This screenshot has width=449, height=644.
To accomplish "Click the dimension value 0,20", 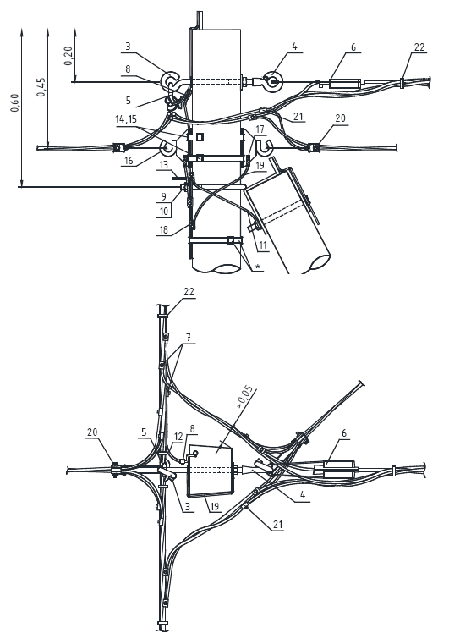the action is [x=68, y=56].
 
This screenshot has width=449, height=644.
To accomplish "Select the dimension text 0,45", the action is [x=41, y=87].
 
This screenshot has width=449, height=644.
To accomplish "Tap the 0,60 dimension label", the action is [x=14, y=102].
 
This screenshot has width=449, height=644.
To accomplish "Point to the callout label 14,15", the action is [x=126, y=119].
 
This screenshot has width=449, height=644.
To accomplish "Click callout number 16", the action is [x=129, y=160].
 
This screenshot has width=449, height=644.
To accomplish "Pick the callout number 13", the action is [x=164, y=165].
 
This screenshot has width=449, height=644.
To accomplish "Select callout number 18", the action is [x=163, y=229].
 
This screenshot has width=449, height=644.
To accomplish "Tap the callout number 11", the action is [x=263, y=245].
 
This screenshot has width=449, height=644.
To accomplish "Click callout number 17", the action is [x=260, y=129].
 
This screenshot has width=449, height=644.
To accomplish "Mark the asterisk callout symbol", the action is [x=258, y=267].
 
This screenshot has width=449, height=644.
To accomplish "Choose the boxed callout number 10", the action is [x=164, y=212].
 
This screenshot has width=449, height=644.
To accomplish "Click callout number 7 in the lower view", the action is [x=189, y=338].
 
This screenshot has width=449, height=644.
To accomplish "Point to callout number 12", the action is [x=178, y=436].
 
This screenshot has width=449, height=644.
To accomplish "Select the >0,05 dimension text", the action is [x=246, y=398].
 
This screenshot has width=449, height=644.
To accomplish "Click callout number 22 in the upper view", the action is [x=419, y=47].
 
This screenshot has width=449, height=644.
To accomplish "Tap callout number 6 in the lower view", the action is [x=344, y=433].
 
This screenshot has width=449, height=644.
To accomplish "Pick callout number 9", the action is [x=163, y=196].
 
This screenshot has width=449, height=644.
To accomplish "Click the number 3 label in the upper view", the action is [x=128, y=46].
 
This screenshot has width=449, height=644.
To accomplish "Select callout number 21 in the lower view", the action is [x=278, y=525].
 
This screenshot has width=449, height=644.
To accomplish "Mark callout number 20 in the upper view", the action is [x=340, y=118].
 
